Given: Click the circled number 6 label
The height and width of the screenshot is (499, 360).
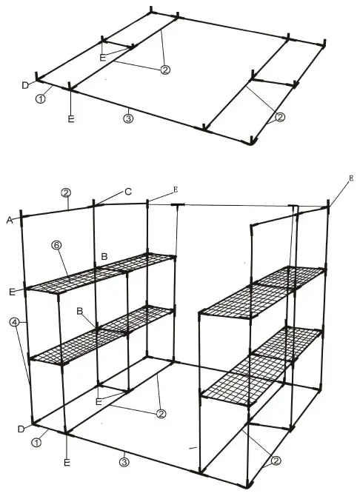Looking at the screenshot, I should (57, 244).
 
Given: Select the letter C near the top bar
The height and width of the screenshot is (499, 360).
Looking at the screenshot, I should (128, 192).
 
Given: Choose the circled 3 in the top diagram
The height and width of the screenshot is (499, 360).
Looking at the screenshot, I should (128, 118).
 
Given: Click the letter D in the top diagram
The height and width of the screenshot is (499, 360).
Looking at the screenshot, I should (24, 86).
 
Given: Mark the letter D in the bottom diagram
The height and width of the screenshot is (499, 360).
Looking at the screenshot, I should (22, 429).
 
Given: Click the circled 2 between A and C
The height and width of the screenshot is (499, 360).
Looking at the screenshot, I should (66, 192).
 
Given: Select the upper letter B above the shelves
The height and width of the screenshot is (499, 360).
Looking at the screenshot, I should (104, 257).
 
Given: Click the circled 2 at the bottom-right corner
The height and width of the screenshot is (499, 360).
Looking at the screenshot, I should (276, 461).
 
